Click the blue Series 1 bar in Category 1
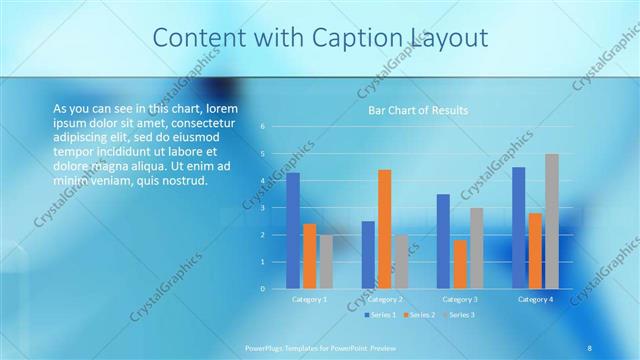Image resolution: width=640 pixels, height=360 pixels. pyautogui.click(x=293, y=231)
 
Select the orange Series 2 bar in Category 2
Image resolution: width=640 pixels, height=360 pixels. pyautogui.click(x=385, y=229)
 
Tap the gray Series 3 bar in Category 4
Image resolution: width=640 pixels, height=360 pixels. pyautogui.click(x=552, y=221)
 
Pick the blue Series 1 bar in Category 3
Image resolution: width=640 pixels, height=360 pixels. pyautogui.click(x=443, y=241)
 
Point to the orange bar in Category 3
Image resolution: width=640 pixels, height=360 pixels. pyautogui.click(x=460, y=264)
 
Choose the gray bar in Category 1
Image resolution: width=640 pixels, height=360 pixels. pyautogui.click(x=326, y=262)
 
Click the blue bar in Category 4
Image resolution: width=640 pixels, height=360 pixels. pyautogui.click(x=519, y=228)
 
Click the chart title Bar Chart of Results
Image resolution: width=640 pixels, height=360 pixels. pyautogui.click(x=412, y=110)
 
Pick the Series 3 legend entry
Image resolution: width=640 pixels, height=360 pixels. pyautogui.click(x=460, y=315)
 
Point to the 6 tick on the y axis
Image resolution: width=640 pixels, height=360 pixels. pyautogui.click(x=262, y=127)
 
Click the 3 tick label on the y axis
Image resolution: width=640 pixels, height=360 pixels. pyautogui.click(x=262, y=208)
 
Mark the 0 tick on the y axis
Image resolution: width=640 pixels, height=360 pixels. pyautogui.click(x=262, y=289)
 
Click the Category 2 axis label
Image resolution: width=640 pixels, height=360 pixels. pyautogui.click(x=385, y=299)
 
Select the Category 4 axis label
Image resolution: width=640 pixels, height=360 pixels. pyautogui.click(x=535, y=299)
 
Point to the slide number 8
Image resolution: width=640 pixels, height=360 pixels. pyautogui.click(x=590, y=347)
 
